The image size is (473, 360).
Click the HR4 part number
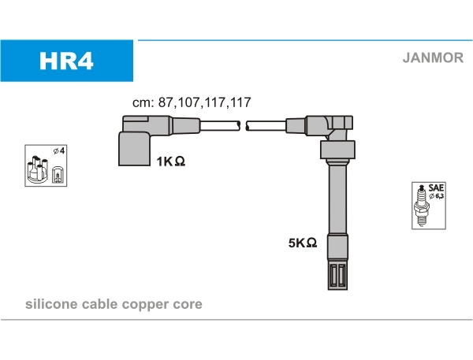[x=67, y=61]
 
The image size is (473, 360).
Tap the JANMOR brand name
[x=433, y=58]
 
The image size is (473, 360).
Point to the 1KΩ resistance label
[x=170, y=161]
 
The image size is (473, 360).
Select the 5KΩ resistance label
[x=303, y=243]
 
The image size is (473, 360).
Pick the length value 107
[x=188, y=102]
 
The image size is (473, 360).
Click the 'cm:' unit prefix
[x=141, y=102]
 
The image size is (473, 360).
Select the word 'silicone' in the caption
[x=50, y=304]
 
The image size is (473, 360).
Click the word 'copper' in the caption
[x=142, y=304]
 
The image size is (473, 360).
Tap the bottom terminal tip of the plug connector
[x=337, y=276]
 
